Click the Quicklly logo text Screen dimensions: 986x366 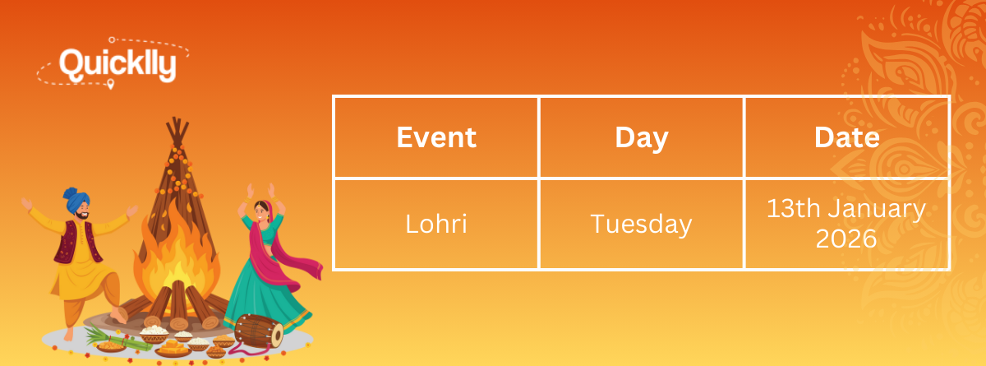click(117, 65)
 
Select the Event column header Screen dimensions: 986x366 click(436, 137)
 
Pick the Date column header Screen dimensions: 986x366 click(846, 137)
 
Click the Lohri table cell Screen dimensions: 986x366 click(435, 224)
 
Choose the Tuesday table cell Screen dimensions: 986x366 click(641, 225)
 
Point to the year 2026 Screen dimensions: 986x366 click(846, 239)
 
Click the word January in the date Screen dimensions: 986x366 click(877, 209)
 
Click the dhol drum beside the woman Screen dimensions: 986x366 click(258, 331)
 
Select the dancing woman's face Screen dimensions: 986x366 click(260, 212)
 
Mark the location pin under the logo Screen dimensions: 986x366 click(110, 84)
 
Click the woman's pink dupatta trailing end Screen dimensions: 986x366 click(308, 267)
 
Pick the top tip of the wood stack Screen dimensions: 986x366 click(177, 118)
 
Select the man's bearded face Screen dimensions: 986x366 click(82, 212)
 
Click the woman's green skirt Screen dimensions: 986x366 click(263, 299)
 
